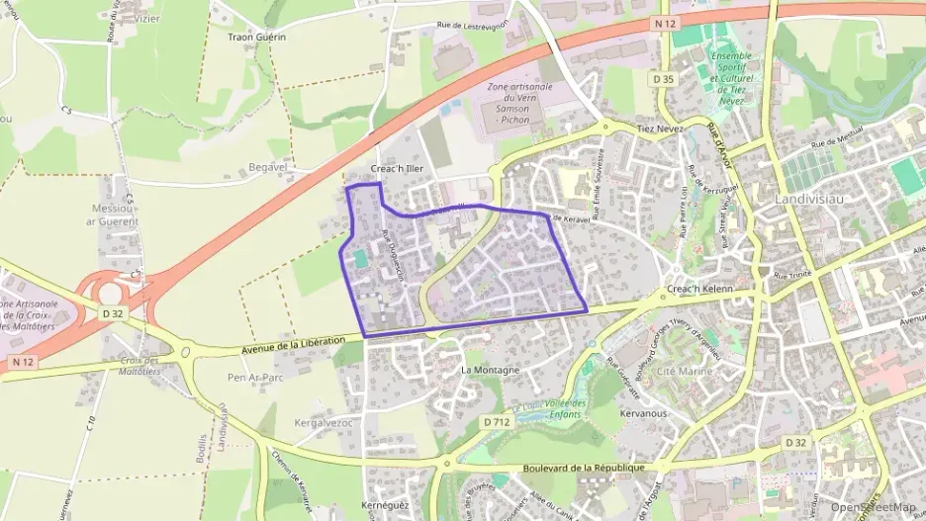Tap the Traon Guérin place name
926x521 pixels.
click(256, 37)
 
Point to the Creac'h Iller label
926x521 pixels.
click(397, 169)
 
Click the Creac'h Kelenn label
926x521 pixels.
click(700, 289)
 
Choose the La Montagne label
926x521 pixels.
click(490, 370)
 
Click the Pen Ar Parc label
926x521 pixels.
click(249, 377)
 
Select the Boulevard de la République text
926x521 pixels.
click(567, 468)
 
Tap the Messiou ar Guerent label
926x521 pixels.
click(113, 215)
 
